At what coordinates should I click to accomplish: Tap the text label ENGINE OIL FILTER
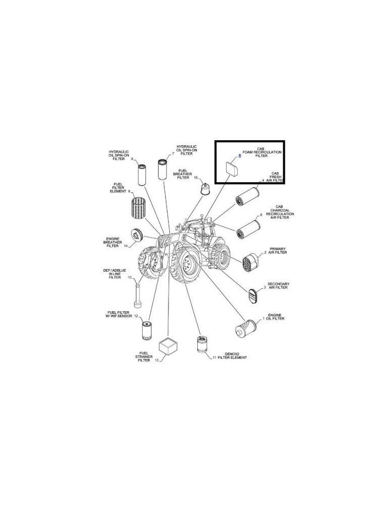click(x=276, y=317)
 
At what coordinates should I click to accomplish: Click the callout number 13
click(x=157, y=360)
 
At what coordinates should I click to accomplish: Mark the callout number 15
click(x=195, y=178)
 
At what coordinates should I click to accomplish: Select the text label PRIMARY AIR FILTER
click(x=278, y=250)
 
